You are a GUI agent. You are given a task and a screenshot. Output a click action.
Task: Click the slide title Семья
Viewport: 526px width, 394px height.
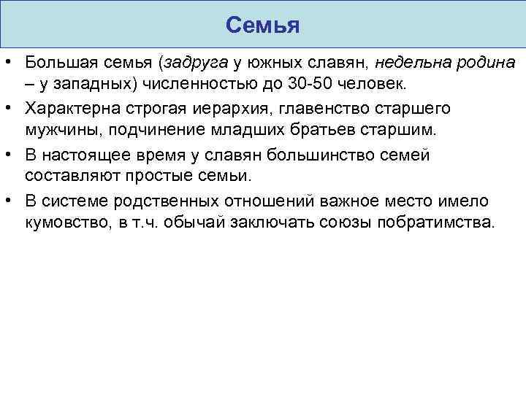point(263,26)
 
